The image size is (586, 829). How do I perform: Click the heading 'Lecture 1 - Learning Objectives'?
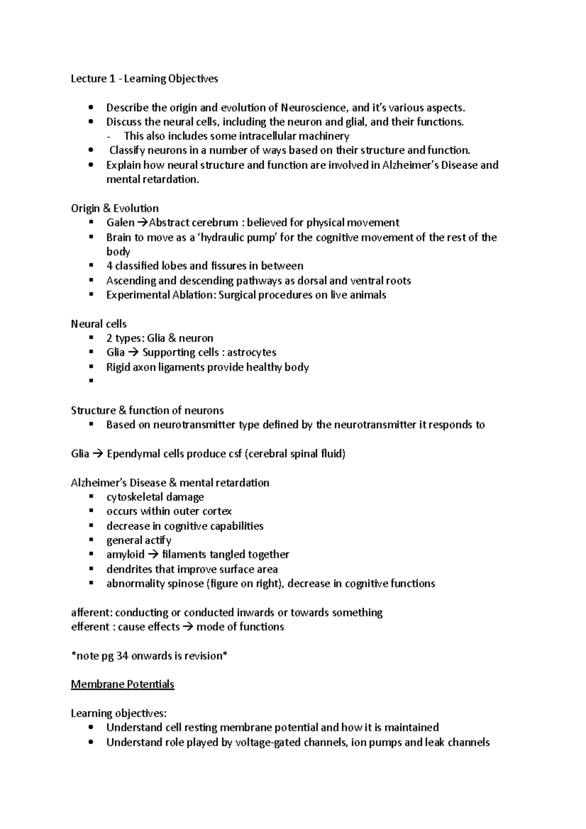coord(145,79)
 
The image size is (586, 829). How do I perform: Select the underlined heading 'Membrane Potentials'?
coord(123,684)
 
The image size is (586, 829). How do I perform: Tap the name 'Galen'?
coord(120,223)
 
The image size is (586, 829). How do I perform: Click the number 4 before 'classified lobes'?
coord(109,266)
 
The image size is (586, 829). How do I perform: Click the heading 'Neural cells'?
coord(99,324)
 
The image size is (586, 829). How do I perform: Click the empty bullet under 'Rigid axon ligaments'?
coord(91,381)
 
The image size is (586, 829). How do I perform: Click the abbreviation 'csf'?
coord(234,454)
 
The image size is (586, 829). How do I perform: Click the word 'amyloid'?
coord(125,555)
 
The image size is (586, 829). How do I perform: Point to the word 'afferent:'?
coord(91,613)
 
